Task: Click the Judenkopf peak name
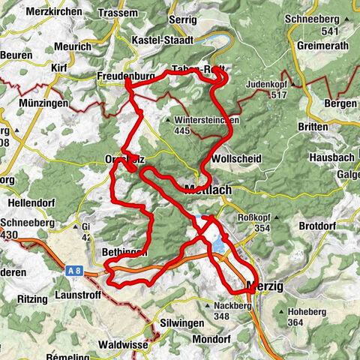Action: (267, 84)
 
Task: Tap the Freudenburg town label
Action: (126, 76)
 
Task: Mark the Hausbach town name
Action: (331, 158)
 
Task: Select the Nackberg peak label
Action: (229, 306)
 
